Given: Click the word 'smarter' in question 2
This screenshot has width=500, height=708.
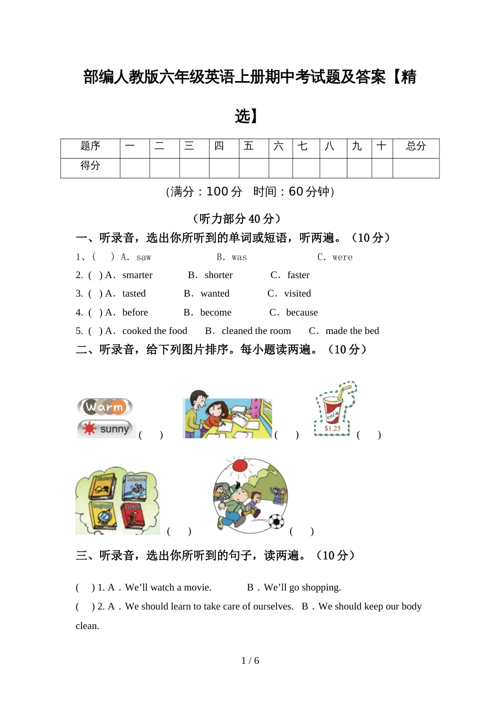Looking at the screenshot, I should tap(137, 275).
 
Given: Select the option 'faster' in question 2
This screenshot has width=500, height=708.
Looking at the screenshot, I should tap(298, 275).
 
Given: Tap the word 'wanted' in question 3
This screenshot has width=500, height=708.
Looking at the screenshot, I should tap(215, 293).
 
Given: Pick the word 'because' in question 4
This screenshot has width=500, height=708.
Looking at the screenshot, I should tap(302, 312).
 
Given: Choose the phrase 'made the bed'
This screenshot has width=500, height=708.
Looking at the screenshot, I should tap(352, 331).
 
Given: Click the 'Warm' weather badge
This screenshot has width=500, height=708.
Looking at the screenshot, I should tap(105, 407).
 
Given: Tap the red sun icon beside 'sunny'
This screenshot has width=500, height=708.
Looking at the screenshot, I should tap(89, 429).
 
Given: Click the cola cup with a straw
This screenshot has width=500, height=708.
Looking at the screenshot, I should tap(333, 409).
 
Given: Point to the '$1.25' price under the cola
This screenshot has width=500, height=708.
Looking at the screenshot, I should tap(333, 429).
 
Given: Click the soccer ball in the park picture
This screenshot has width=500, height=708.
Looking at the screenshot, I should tap(276, 522).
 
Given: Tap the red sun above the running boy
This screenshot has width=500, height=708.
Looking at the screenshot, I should tap(240, 466).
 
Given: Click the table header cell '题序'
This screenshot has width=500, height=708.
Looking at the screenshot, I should tap(90, 146).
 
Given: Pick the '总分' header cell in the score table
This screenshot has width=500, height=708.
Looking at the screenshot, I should tap(416, 146).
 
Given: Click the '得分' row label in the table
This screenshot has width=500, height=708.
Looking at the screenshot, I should tap(90, 166).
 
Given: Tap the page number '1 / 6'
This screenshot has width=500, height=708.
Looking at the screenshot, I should tap(250, 661).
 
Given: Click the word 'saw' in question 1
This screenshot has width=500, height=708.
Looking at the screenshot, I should tap(144, 257).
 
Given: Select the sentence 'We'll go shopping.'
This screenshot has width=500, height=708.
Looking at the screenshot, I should tap(302, 587).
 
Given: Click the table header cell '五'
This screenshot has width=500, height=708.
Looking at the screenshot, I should tap(249, 146).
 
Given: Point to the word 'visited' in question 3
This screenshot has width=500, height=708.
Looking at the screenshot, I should tap(297, 293).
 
